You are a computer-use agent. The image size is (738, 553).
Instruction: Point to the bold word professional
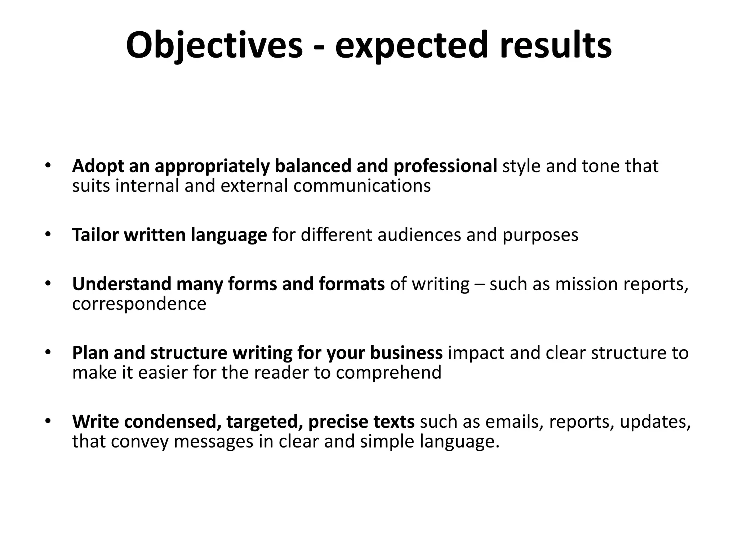pyautogui.click(x=445, y=166)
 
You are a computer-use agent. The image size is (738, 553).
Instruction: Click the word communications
pyautogui.click(x=362, y=186)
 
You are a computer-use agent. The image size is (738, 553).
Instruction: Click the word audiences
pyautogui.click(x=419, y=235)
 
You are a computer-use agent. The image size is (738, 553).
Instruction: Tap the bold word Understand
pyautogui.click(x=121, y=284)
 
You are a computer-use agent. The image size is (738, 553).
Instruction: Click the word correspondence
pyautogui.click(x=139, y=304)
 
